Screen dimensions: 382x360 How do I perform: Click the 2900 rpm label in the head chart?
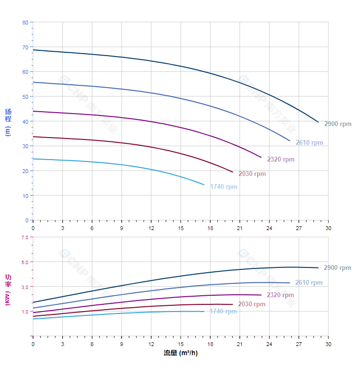point(337,124)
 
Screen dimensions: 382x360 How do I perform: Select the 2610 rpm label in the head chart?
point(309,143)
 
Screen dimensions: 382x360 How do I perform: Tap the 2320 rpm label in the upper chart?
point(281,160)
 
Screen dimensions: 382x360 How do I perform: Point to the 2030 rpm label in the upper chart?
point(252,174)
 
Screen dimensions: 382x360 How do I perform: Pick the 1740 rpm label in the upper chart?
point(224,187)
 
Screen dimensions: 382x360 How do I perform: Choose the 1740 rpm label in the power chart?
point(223,312)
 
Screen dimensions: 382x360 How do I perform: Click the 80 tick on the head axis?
point(25,23)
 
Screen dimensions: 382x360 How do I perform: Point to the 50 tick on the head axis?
point(25,97)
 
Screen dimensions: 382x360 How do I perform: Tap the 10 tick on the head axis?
point(25,196)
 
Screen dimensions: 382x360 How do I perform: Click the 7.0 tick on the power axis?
point(25,237)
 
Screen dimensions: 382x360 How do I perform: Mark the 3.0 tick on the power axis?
point(25,287)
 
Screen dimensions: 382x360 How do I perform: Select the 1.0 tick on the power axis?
point(25,312)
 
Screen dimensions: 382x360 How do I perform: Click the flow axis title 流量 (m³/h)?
point(180,353)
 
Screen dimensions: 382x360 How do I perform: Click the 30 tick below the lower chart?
point(328,344)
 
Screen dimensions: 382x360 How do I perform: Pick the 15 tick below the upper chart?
point(180,228)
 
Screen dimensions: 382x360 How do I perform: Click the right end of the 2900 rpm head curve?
point(318,122)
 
